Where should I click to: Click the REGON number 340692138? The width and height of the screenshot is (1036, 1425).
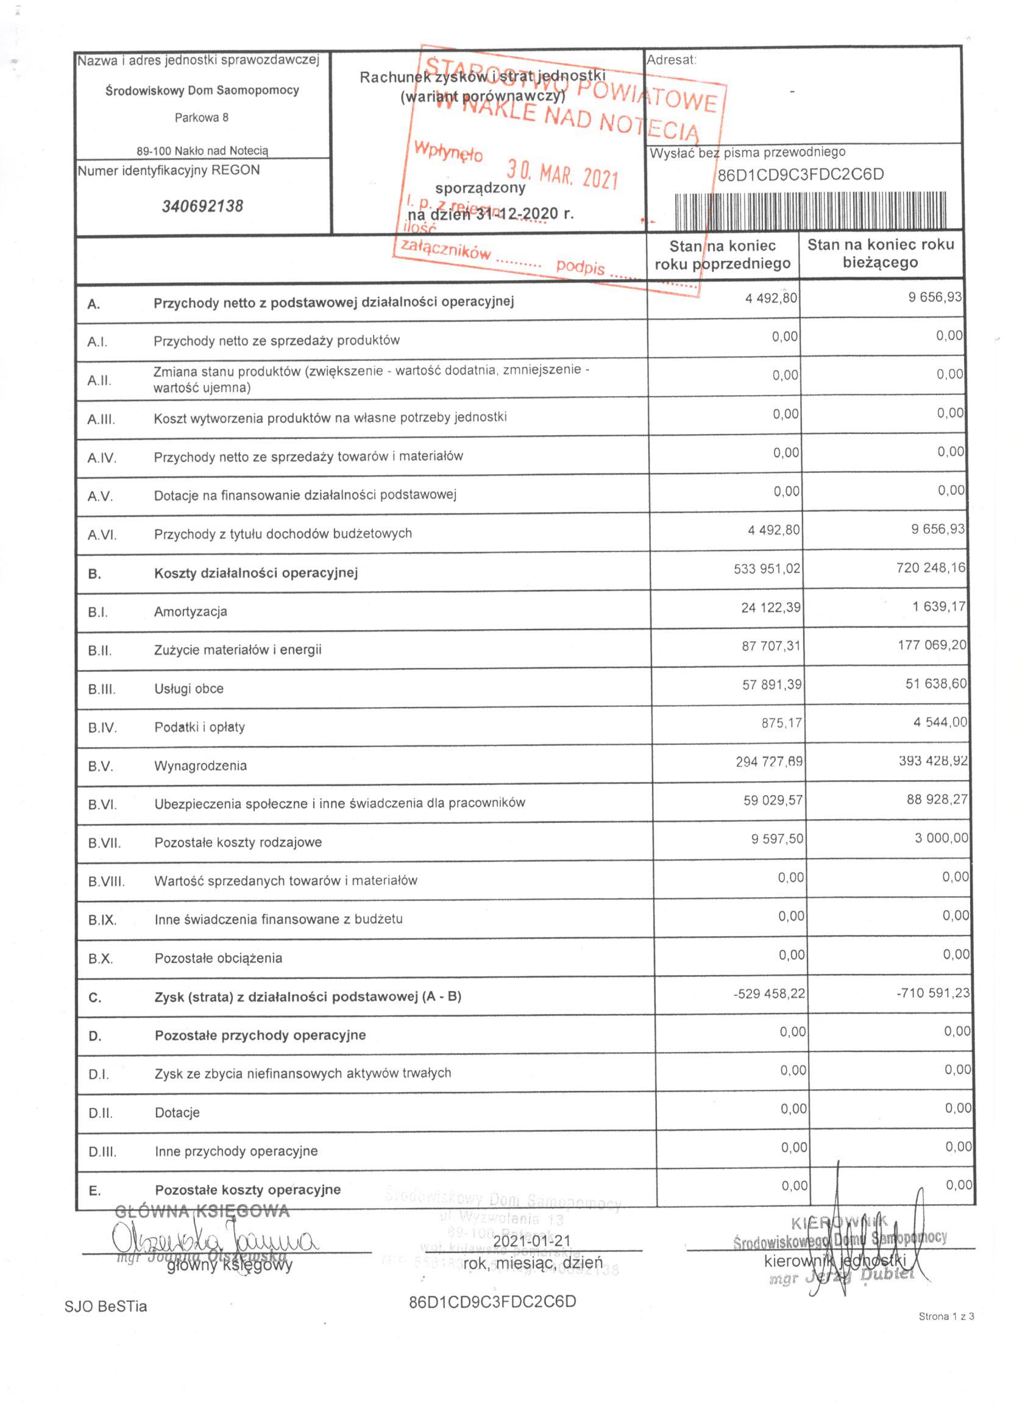pyautogui.click(x=202, y=206)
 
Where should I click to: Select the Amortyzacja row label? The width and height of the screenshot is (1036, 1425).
pyautogui.click(x=190, y=611)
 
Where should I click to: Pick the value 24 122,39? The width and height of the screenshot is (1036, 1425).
pyautogui.click(x=770, y=608)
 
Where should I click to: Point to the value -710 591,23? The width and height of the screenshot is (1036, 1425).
pyautogui.click(x=933, y=993)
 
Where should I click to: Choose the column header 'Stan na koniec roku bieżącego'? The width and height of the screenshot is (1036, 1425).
pyautogui.click(x=880, y=253)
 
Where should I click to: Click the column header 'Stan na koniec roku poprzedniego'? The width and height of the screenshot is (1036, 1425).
pyautogui.click(x=723, y=255)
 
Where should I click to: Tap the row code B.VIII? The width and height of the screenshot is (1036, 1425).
pyautogui.click(x=106, y=881)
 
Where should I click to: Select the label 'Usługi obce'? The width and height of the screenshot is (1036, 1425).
pyautogui.click(x=189, y=689)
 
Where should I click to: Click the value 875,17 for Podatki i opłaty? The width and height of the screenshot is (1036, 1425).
pyautogui.click(x=781, y=722)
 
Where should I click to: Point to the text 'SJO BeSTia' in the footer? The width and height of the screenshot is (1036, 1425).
pyautogui.click(x=105, y=1306)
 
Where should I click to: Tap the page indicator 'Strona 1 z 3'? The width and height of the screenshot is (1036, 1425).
pyautogui.click(x=946, y=1334)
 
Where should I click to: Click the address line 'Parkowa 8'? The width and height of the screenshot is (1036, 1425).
pyautogui.click(x=202, y=118)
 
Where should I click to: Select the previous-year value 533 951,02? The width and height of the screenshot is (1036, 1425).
pyautogui.click(x=767, y=569)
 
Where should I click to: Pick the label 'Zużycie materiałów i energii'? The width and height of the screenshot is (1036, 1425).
pyautogui.click(x=238, y=650)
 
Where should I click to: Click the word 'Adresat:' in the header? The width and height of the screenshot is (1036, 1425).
pyautogui.click(x=672, y=60)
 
